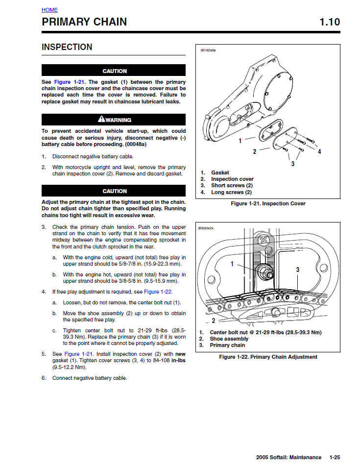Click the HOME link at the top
click(49, 10)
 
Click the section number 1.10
click(329, 22)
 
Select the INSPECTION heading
click(67, 47)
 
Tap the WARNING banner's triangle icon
click(101, 119)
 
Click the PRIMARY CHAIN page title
click(84, 22)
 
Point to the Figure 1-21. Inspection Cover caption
click(268, 204)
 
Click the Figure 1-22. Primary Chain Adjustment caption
click(268, 357)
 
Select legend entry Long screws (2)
click(231, 193)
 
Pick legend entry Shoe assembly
click(229, 339)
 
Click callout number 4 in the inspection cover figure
click(319, 151)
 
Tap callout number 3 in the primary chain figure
click(297, 270)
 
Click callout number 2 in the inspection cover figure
click(254, 152)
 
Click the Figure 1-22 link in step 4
click(158, 292)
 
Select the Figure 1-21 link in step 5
click(78, 354)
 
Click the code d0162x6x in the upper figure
click(208, 50)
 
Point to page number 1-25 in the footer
click(335, 458)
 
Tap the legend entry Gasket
click(220, 173)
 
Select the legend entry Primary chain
click(227, 346)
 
